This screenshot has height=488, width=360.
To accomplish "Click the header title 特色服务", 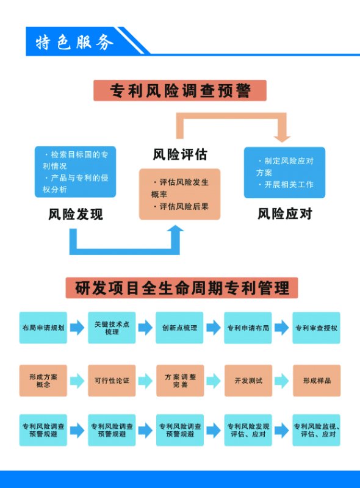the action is pyautogui.click(x=74, y=42).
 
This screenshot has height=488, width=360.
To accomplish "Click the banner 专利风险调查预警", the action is pyautogui.click(x=180, y=90).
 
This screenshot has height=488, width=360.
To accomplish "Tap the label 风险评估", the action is pyautogui.click(x=180, y=154).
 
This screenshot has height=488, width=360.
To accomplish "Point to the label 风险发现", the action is pyautogui.click(x=76, y=215).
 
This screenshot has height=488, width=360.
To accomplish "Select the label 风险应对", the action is pyautogui.click(x=285, y=214).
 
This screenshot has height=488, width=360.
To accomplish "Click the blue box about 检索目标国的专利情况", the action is pyautogui.click(x=76, y=172).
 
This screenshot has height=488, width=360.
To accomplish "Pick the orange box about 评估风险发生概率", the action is pyautogui.click(x=179, y=194).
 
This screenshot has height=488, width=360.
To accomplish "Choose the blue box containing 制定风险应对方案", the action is pyautogui.click(x=284, y=173).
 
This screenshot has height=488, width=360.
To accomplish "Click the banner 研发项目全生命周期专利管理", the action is pyautogui.click(x=182, y=288).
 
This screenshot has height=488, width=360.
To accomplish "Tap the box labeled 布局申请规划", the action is pyautogui.click(x=43, y=328).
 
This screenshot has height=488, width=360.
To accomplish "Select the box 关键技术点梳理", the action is pyautogui.click(x=112, y=328).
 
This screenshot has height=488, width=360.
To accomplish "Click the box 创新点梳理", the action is pyautogui.click(x=179, y=328).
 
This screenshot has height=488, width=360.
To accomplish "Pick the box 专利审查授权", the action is pyautogui.click(x=317, y=328).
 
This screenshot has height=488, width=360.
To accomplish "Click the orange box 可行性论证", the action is pyautogui.click(x=112, y=381).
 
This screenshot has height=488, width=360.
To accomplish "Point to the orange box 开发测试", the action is pyautogui.click(x=248, y=381).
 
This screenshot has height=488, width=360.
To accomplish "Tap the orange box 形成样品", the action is pyautogui.click(x=317, y=381).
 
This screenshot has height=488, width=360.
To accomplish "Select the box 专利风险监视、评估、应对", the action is pyautogui.click(x=317, y=430).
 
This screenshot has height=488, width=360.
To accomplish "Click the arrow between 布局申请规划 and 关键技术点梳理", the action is pyautogui.click(x=77, y=328).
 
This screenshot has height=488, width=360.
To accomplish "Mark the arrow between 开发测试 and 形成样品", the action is pyautogui.click(x=281, y=381).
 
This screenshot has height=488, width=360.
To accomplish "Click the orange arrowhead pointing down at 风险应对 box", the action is pyautogui.click(x=282, y=138).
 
